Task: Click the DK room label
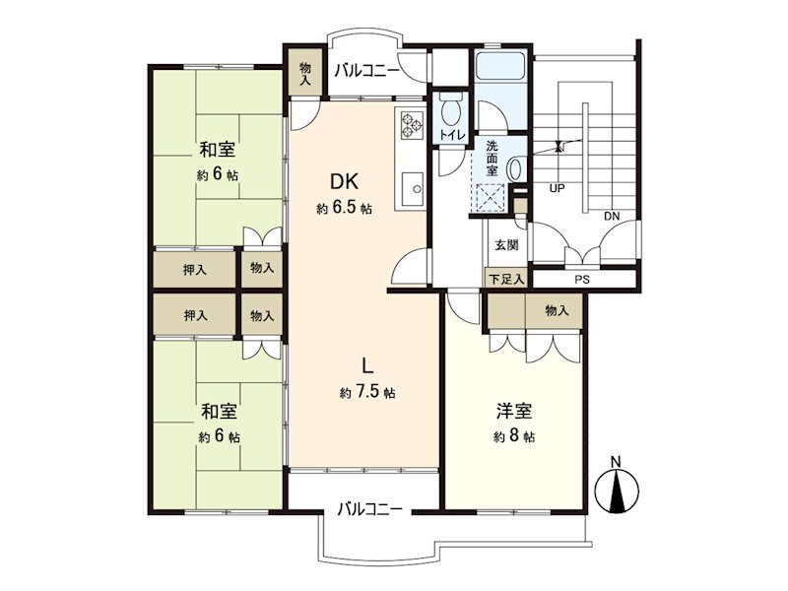[x=344, y=181]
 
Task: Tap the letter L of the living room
[x=367, y=365]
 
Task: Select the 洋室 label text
[x=514, y=411]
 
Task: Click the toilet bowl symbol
[x=451, y=114]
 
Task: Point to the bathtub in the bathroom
[x=499, y=65]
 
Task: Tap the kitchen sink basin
[x=412, y=188]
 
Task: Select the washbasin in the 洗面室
[x=514, y=168]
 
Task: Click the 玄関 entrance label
[x=506, y=245]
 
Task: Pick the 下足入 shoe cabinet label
[x=506, y=279]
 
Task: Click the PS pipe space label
[x=582, y=280]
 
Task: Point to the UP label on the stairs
[x=557, y=188]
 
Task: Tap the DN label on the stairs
[x=612, y=217]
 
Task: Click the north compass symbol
[x=617, y=486]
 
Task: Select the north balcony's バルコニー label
[x=366, y=70]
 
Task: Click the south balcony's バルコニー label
[x=369, y=509]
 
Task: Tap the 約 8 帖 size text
[x=514, y=435]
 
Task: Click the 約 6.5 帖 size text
[x=344, y=208]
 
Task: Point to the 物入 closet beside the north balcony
[x=304, y=73]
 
